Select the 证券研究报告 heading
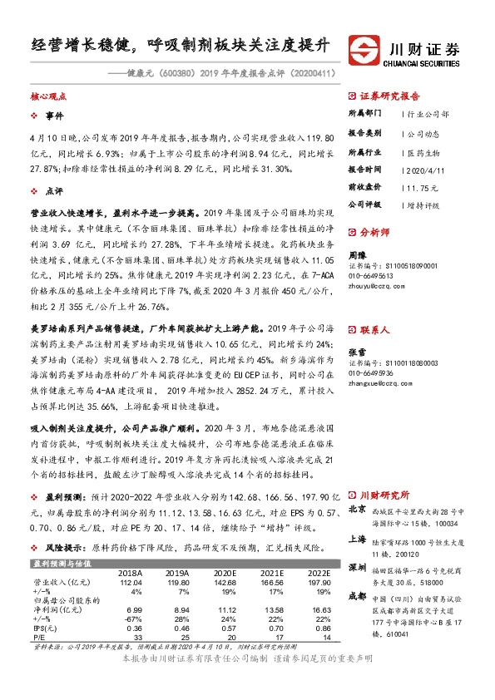(x=390, y=96)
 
